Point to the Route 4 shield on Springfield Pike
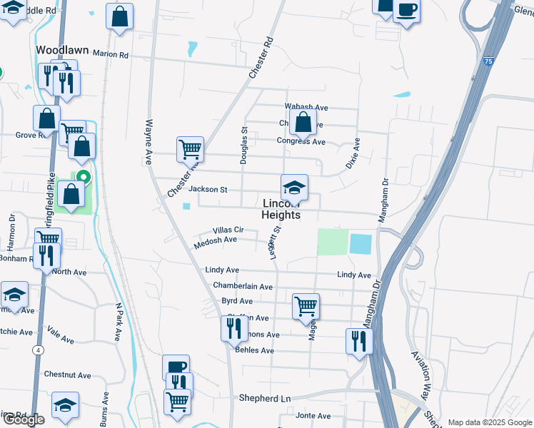[x=36, y=350]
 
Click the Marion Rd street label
[x=110, y=54]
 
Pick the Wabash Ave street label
[x=306, y=108]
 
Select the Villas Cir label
[x=228, y=230]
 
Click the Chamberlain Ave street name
[x=243, y=286]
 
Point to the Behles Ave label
[x=253, y=350]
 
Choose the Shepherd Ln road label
[x=266, y=398]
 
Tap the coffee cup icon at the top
[x=406, y=11]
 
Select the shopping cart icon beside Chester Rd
[x=191, y=150]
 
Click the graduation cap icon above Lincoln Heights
[x=294, y=188]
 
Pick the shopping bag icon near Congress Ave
[x=303, y=121]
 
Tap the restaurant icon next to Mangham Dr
[x=358, y=341]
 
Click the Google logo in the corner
[x=24, y=419]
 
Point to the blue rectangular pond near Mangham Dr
[x=361, y=244]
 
